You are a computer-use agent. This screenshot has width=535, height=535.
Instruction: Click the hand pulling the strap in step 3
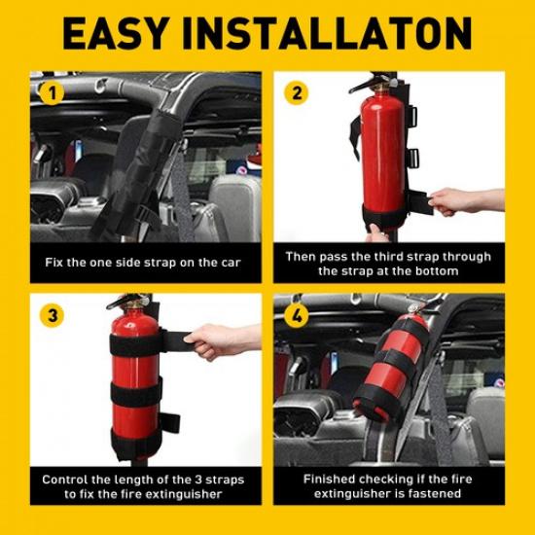[219, 341]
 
